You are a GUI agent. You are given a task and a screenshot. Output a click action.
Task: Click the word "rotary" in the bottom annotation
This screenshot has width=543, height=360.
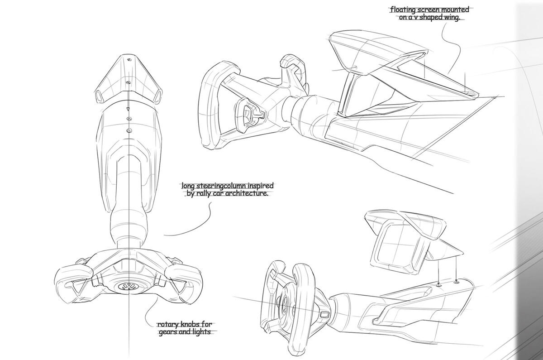point(167,324)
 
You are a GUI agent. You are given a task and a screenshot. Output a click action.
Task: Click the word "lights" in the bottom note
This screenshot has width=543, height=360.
point(201,332)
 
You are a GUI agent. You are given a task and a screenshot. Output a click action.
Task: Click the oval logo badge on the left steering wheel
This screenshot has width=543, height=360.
point(128,286)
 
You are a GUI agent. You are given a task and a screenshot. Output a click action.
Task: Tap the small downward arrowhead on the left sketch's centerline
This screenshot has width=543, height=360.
point(128,110)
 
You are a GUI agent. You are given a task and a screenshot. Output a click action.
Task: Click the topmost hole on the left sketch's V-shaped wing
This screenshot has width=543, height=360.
point(129,59)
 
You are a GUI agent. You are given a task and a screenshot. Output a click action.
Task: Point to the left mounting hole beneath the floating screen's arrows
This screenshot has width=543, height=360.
point(439,285)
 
